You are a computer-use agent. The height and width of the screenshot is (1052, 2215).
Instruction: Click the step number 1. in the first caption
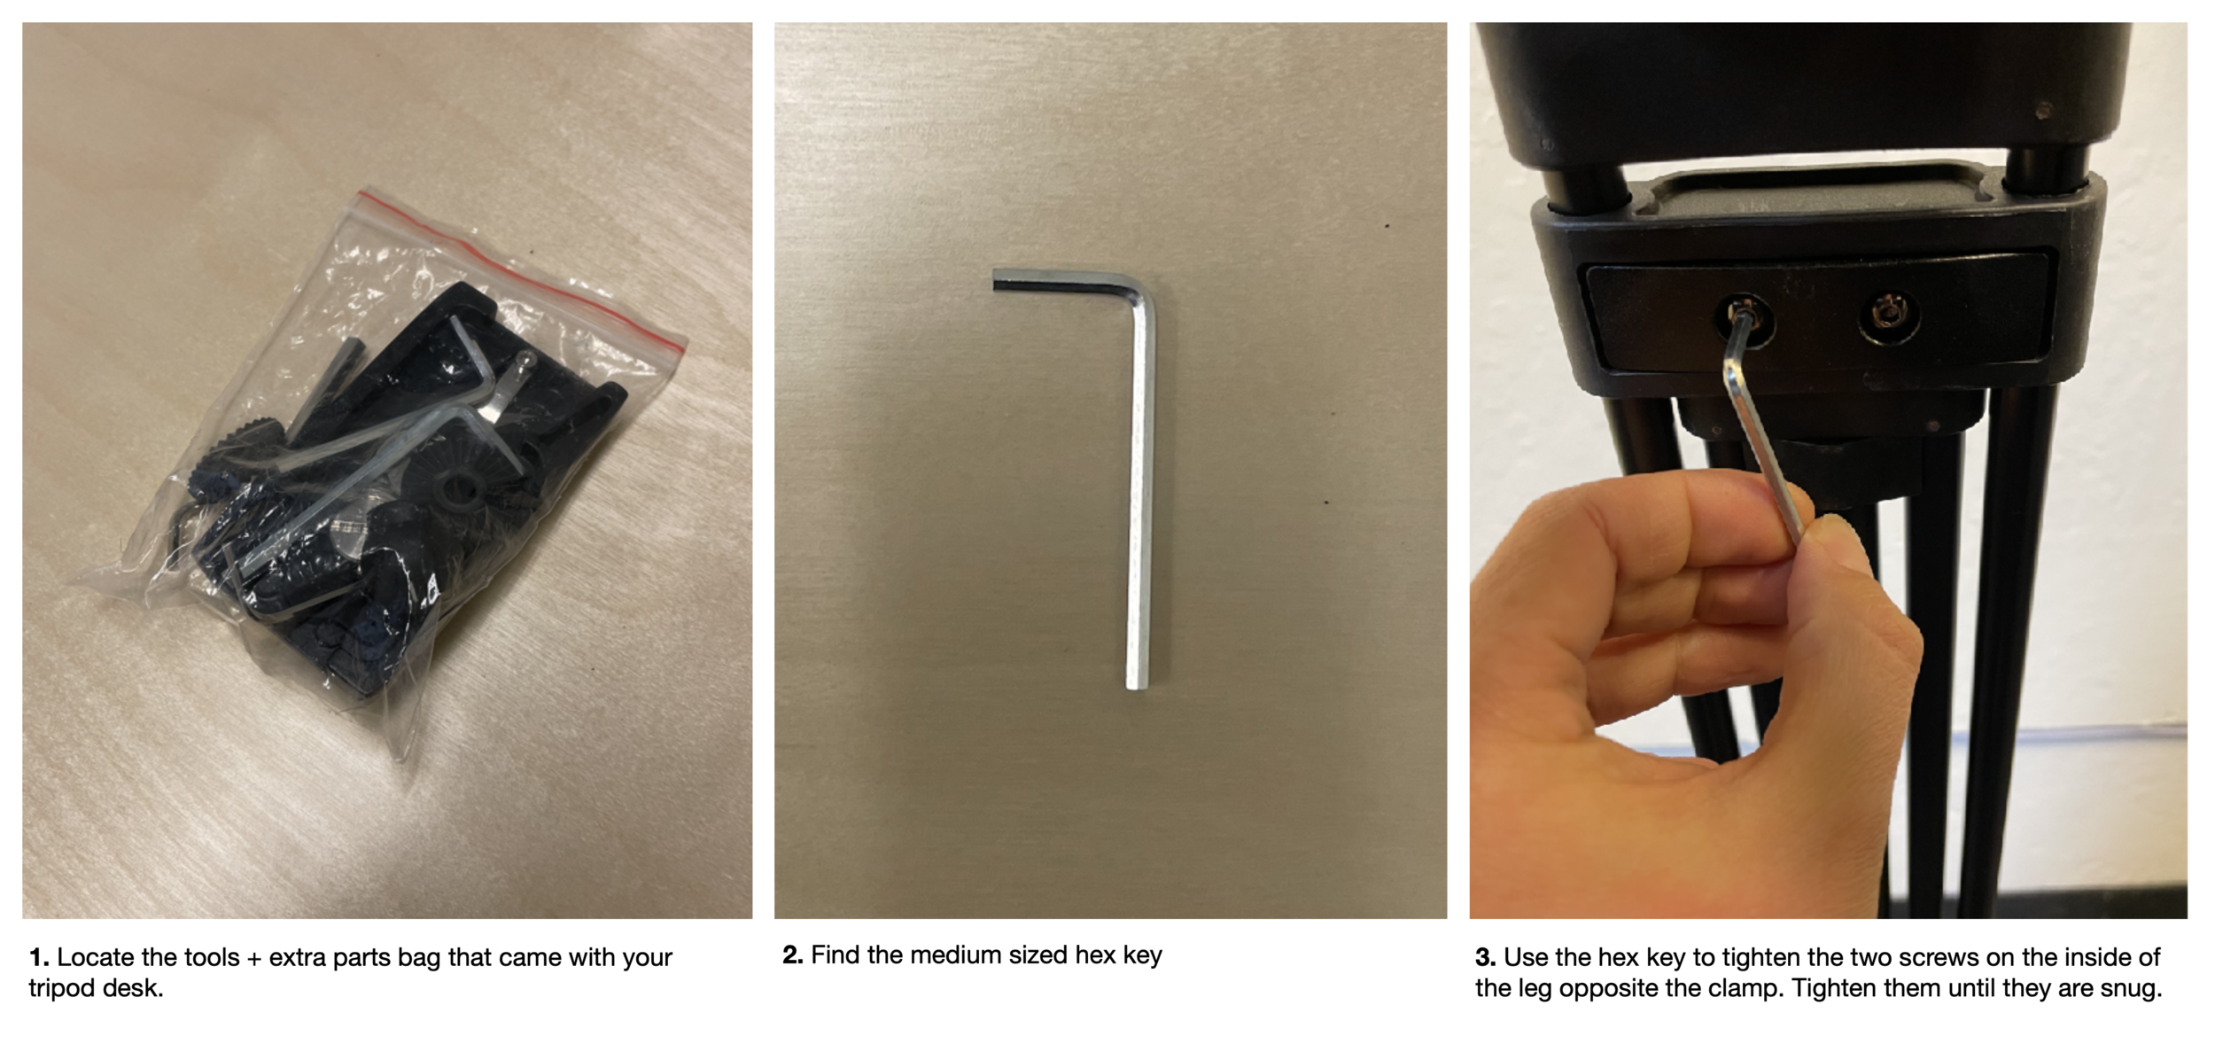(x=38, y=958)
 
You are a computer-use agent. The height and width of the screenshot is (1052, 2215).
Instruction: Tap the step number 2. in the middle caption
(x=793, y=955)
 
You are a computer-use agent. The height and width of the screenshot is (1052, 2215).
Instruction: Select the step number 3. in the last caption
(x=1486, y=958)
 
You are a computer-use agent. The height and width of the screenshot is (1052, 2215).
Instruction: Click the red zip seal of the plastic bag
(x=524, y=267)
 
